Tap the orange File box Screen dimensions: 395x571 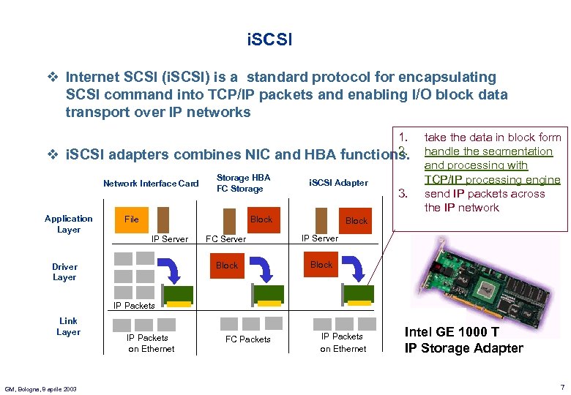tap(132, 219)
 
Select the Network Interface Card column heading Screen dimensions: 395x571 tap(151, 184)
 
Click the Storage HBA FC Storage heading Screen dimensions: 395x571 tap(243, 183)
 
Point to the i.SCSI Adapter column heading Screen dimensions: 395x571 tap(338, 182)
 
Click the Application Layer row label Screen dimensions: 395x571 tap(68, 224)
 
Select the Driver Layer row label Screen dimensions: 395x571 tap(64, 272)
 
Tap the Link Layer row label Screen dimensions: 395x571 tap(68, 326)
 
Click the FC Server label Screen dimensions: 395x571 tap(225, 239)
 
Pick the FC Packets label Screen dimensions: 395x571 tap(247, 339)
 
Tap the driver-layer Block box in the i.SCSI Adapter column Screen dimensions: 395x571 tap(321, 265)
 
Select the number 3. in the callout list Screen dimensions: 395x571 tap(400, 194)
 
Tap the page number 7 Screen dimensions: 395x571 tap(561, 386)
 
